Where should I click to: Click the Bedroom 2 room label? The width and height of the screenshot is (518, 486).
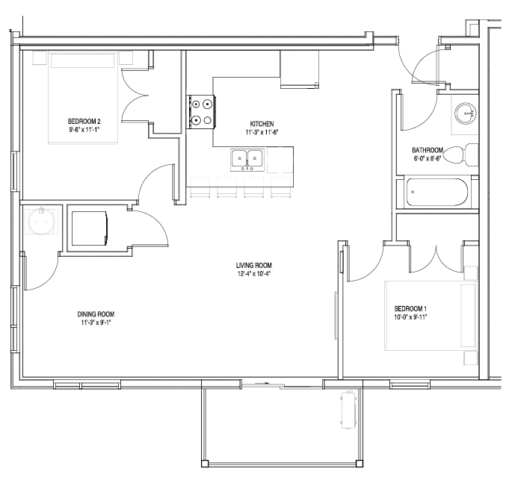tap(84, 122)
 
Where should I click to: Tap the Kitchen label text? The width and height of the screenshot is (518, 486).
tap(262, 124)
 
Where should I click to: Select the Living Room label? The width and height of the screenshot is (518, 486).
tap(254, 265)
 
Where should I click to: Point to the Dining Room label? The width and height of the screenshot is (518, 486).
tap(96, 314)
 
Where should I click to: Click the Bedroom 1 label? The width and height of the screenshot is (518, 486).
tap(410, 309)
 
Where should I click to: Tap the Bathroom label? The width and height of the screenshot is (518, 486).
tap(428, 150)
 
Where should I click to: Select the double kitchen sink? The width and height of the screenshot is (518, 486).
tap(247, 160)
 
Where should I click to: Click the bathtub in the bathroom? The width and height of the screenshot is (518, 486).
tap(437, 192)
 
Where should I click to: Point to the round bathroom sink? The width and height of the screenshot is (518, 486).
tap(466, 113)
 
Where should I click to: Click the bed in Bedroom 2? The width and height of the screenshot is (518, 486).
tap(83, 98)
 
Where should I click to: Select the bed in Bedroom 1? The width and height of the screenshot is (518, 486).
tap(431, 316)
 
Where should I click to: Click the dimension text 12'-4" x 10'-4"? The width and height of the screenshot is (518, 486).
tap(254, 273)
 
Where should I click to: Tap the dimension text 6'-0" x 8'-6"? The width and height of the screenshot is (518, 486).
tap(428, 158)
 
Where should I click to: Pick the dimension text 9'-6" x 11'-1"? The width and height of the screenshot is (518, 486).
tap(84, 130)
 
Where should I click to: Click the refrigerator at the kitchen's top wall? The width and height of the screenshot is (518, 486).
tap(300, 69)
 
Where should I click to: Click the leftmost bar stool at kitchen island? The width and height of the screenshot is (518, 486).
tap(200, 187)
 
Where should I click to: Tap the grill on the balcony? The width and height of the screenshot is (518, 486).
tap(348, 409)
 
